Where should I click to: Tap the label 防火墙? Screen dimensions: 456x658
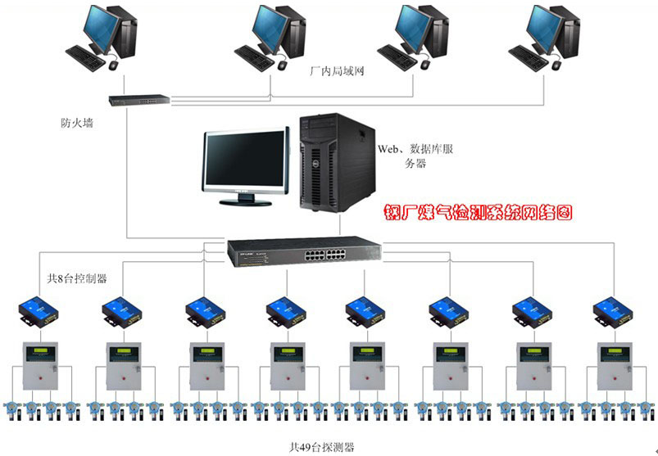coord(79,124)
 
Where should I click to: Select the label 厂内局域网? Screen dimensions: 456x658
coord(337,71)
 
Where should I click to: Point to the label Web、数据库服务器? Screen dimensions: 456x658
coord(414,156)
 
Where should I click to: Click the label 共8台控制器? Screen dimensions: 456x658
coord(78,278)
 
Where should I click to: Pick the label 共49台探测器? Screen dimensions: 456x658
coord(322,446)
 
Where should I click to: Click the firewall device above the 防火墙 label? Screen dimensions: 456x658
coord(139,100)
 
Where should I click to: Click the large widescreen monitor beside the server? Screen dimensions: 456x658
coord(246,164)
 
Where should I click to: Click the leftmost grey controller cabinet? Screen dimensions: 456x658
coord(40,366)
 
